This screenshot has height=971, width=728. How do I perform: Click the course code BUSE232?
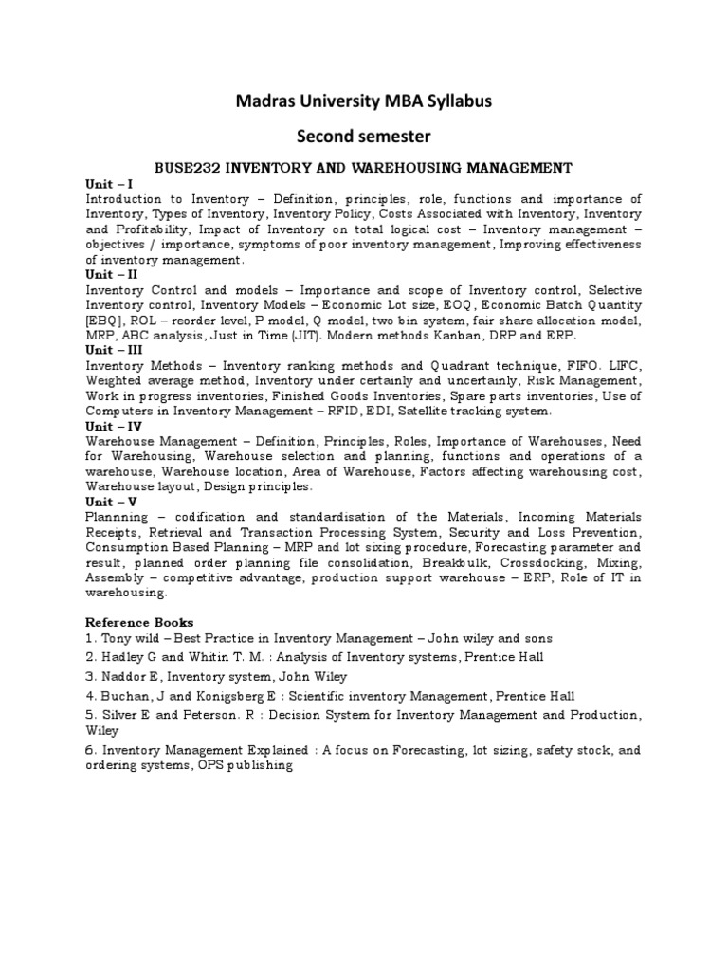pyautogui.click(x=193, y=168)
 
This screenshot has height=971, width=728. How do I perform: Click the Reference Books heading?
pyautogui.click(x=139, y=622)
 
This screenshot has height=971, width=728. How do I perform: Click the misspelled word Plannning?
pyautogui.click(x=116, y=517)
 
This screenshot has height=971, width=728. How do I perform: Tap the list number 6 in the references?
pyautogui.click(x=91, y=749)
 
